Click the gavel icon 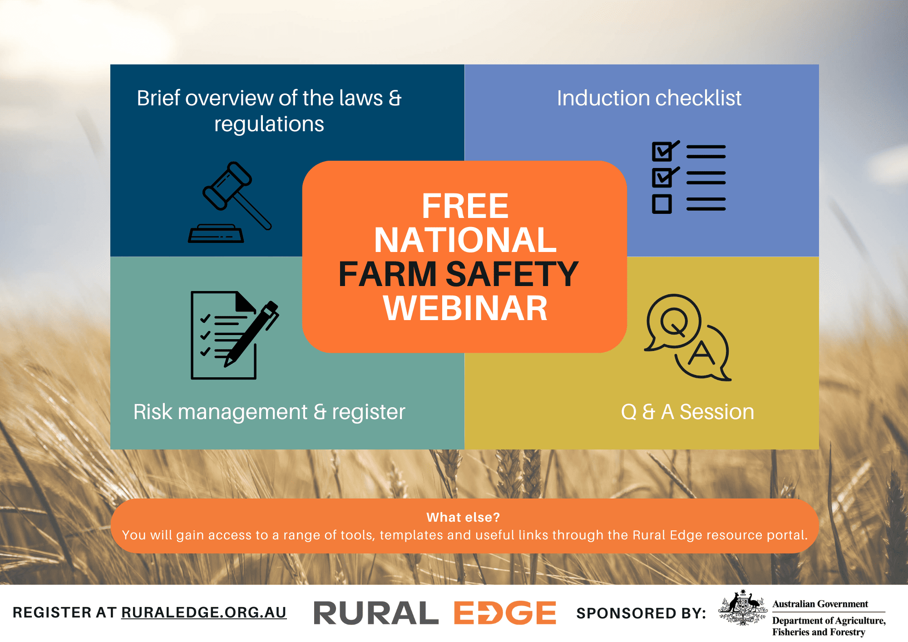229,202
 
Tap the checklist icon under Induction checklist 688,177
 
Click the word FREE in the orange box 465,206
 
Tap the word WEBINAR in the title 465,309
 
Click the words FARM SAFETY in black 459,274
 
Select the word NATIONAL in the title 465,240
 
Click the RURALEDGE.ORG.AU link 204,612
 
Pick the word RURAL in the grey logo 376,613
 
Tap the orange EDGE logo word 505,613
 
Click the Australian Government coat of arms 742,608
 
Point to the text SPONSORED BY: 641,613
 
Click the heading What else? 463,517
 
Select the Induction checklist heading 649,98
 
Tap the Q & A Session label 687,412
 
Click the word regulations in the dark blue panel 269,124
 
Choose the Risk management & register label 269,412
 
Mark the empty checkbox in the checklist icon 661,204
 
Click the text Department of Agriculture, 829,621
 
